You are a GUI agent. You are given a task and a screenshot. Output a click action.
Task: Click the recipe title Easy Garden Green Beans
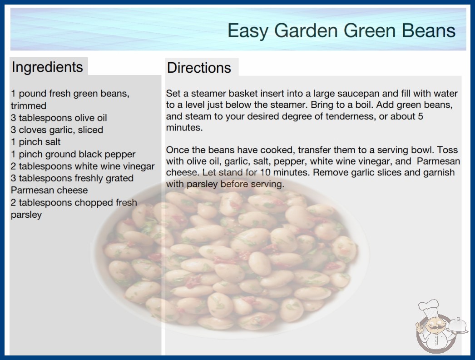click(341, 30)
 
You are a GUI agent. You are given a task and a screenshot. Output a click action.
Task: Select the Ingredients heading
click(47, 67)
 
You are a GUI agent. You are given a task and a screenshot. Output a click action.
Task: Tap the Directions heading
click(199, 68)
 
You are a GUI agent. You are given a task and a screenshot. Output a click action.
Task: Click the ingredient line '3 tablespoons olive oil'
click(59, 118)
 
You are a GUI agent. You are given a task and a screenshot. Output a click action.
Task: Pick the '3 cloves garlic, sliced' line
click(57, 130)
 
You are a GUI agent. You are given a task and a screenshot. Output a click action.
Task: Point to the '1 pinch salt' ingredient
click(36, 142)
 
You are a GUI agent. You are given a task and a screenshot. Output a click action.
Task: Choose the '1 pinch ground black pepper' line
click(73, 155)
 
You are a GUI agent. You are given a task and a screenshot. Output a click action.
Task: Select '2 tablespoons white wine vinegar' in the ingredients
click(83, 166)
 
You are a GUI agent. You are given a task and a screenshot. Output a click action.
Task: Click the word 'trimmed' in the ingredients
click(29, 106)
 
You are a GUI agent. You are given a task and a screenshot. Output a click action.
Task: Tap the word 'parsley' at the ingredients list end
click(26, 215)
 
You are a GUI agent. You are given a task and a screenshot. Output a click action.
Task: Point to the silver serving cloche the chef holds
click(458, 325)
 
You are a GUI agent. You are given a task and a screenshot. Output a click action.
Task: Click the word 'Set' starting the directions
click(173, 94)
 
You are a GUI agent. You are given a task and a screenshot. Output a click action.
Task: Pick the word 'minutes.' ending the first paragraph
click(184, 128)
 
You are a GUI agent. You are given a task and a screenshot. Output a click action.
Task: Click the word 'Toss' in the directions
click(448, 150)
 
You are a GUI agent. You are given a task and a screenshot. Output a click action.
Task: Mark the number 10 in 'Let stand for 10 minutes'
click(265, 173)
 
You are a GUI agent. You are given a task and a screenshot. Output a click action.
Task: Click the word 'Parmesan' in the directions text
click(438, 161)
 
